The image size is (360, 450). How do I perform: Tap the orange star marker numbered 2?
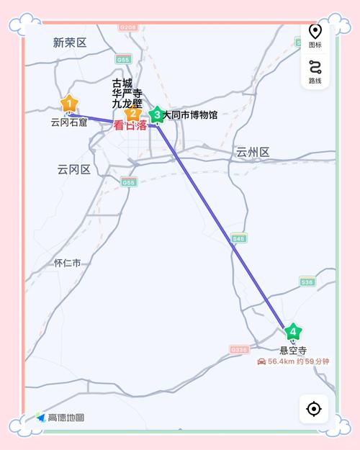click(131, 114)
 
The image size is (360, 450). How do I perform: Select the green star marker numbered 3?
click(157, 114)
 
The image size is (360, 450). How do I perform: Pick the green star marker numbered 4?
click(292, 332)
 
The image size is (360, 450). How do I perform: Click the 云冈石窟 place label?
click(68, 122)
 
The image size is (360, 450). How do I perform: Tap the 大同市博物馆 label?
click(189, 114)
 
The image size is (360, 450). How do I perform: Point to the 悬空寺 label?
click(293, 351)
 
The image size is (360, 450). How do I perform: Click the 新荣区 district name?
click(70, 42)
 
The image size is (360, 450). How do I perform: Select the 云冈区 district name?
click(74, 169)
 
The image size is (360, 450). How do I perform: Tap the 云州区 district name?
click(252, 152)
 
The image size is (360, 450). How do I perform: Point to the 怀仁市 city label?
click(68, 263)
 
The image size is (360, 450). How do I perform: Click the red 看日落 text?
click(130, 125)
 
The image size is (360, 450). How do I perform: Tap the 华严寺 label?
click(127, 93)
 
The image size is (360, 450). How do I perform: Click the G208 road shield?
click(128, 27)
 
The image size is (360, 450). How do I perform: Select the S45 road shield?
click(239, 238)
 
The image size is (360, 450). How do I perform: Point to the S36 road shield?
click(307, 282)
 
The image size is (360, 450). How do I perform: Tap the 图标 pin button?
click(315, 35)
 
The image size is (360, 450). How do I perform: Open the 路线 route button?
click(315, 71)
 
